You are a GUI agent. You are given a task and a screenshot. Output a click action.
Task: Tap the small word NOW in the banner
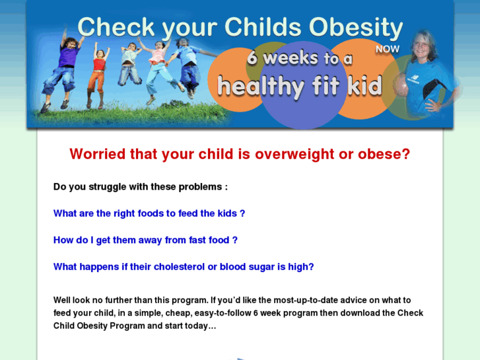[387, 49]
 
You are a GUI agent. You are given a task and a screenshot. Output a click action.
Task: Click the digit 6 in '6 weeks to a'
[252, 57]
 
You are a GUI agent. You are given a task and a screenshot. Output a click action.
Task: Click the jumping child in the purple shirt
[67, 66]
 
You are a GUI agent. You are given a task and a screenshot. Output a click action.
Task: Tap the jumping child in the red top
[99, 69]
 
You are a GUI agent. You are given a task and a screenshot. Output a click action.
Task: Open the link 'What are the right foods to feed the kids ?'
[149, 213]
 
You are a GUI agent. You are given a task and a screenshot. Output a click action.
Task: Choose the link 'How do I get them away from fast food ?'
[145, 240]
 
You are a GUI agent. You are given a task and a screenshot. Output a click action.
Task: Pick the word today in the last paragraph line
[199, 326]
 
